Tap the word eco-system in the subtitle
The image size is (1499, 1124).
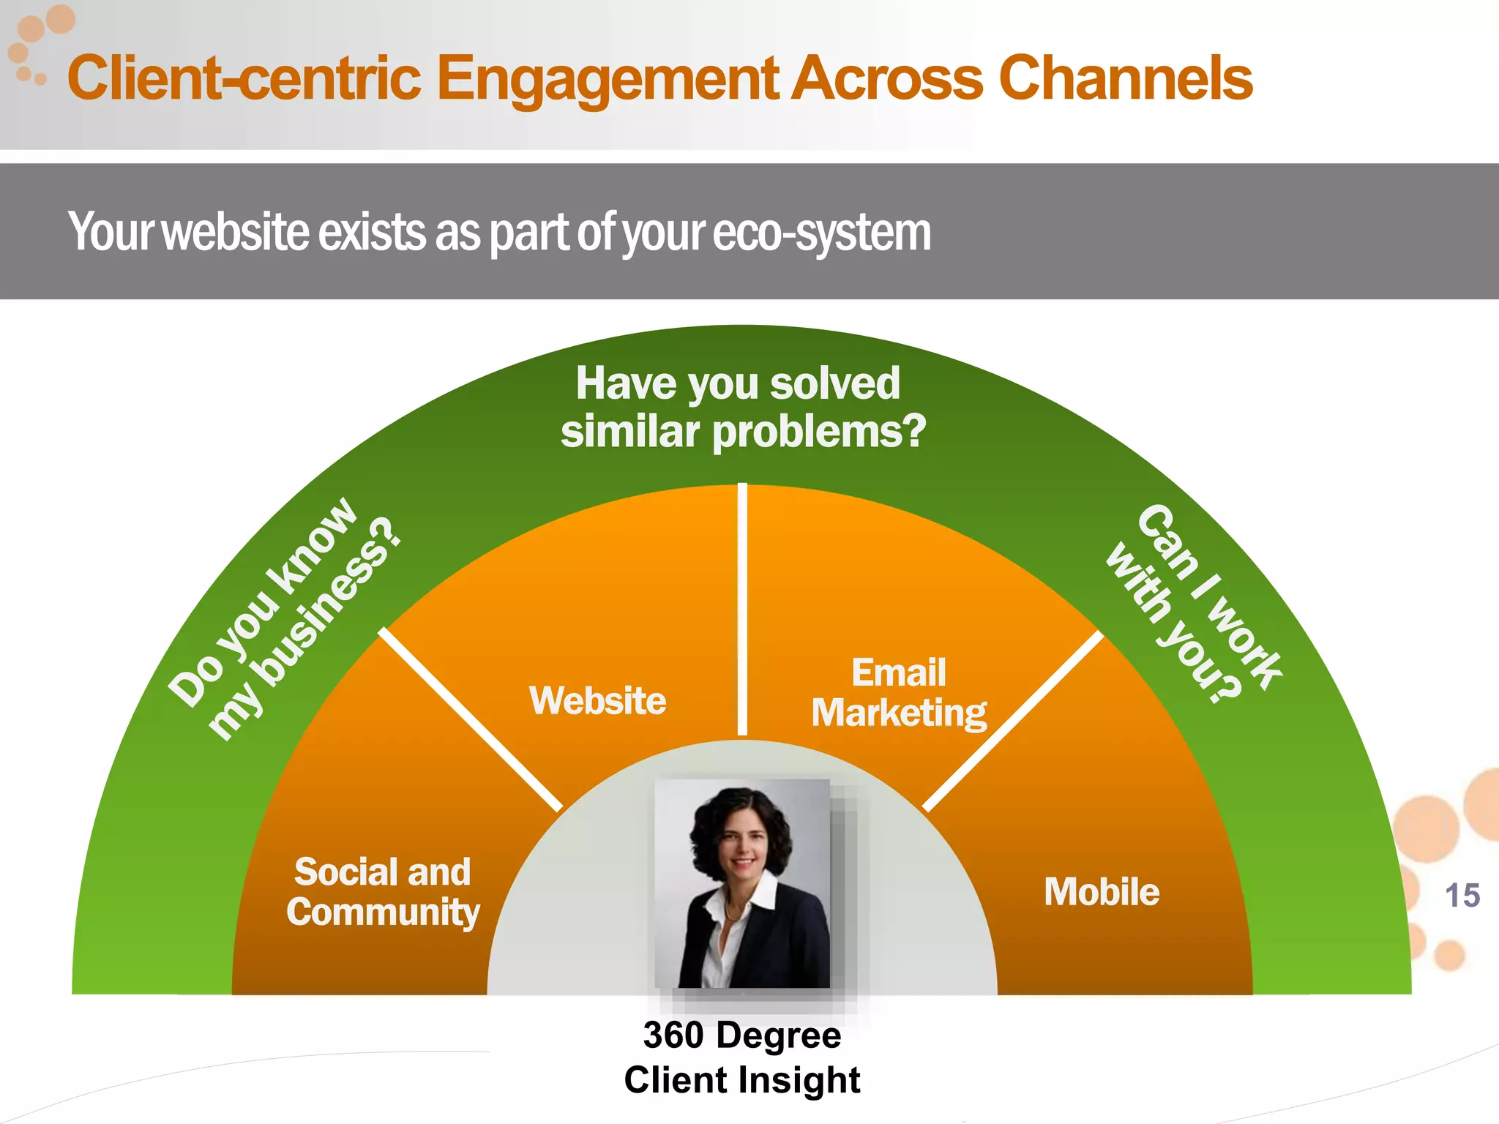coord(821,233)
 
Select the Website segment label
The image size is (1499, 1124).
coord(597,700)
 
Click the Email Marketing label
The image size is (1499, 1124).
coord(899,693)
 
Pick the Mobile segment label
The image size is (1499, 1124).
coord(1102,892)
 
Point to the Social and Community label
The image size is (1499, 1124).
coord(382,892)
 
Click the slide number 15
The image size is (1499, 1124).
coord(1462,896)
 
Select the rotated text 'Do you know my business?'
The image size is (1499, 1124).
coord(285,618)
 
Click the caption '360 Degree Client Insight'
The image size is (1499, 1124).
coord(741,1057)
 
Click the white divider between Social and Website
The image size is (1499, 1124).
coord(470,719)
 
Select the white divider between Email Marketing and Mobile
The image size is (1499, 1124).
coord(1013,722)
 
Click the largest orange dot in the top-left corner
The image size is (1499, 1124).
coord(61,19)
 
